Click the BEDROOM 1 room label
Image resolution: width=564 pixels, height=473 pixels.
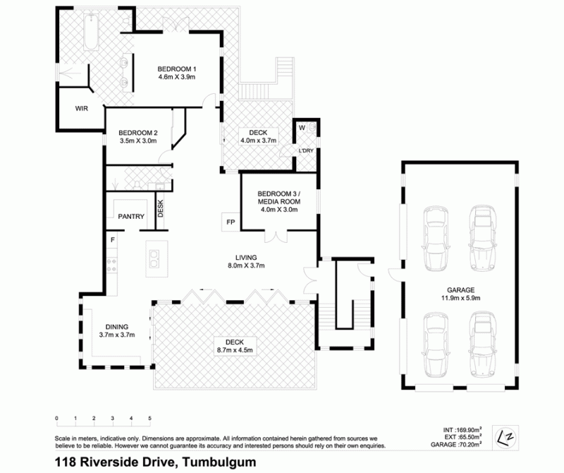click(177, 68)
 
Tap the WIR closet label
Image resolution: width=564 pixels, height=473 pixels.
click(81, 109)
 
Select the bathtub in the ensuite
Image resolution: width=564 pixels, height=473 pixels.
click(92, 31)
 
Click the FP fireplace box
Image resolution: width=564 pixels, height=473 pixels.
click(231, 222)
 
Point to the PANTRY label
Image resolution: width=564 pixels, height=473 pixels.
click(131, 217)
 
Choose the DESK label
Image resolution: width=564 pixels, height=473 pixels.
click(161, 208)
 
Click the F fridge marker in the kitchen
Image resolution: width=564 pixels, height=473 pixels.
click(113, 239)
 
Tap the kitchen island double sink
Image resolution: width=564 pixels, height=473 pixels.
click(154, 259)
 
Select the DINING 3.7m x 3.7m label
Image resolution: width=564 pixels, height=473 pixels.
click(117, 330)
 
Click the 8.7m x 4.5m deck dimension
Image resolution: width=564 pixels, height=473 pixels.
click(235, 349)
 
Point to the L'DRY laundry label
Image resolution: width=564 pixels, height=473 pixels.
click(306, 150)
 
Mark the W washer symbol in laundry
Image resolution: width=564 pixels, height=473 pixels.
click(302, 128)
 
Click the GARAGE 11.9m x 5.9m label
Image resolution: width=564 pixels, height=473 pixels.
click(461, 294)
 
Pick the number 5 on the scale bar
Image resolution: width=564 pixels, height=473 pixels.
click(149, 418)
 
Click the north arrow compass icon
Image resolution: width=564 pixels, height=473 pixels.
click(505, 438)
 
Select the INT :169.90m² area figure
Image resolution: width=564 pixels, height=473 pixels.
click(462, 430)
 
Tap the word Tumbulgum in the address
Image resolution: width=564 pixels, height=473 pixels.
click(219, 462)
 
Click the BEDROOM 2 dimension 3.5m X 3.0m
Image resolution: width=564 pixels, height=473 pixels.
click(138, 141)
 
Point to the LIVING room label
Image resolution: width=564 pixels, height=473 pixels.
click(246, 258)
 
